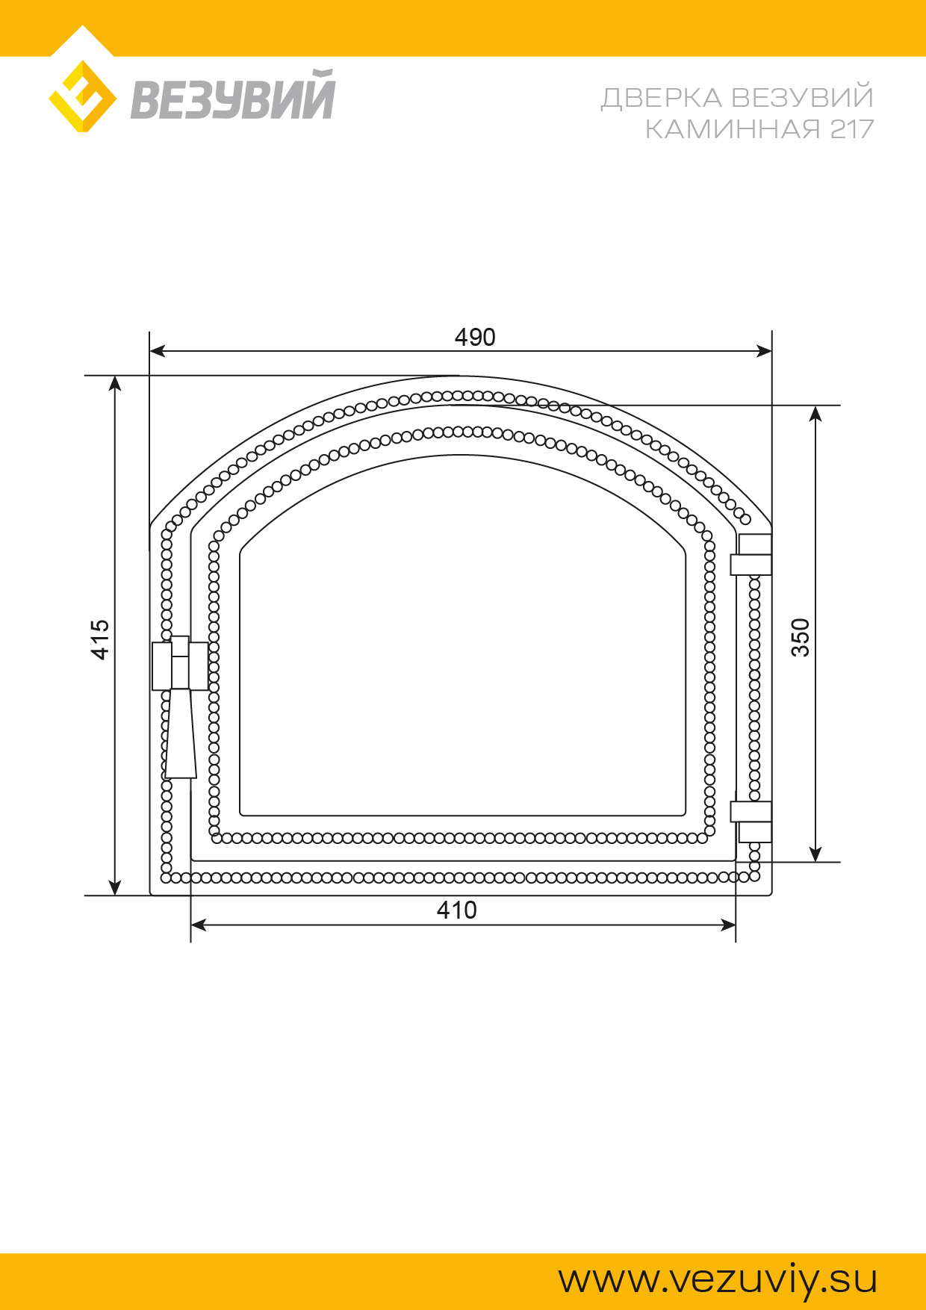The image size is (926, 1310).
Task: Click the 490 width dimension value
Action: tap(475, 338)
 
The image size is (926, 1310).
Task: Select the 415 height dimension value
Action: tap(100, 639)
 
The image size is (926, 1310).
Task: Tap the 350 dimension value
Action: tap(800, 637)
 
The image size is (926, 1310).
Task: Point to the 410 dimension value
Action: tap(456, 910)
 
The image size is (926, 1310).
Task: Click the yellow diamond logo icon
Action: tap(82, 96)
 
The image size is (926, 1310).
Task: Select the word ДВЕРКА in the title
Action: tap(662, 98)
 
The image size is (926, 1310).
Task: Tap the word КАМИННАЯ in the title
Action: tap(733, 129)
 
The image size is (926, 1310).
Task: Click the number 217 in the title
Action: tap(851, 129)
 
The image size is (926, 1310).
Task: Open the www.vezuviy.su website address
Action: tap(718, 1279)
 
